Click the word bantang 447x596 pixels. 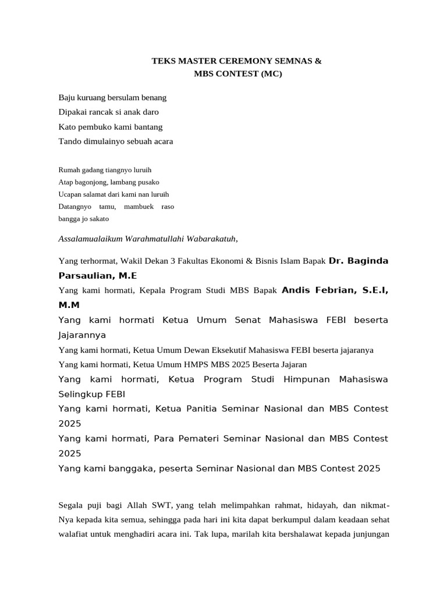pyautogui.click(x=148, y=126)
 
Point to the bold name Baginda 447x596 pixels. pyautogui.click(x=367, y=261)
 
